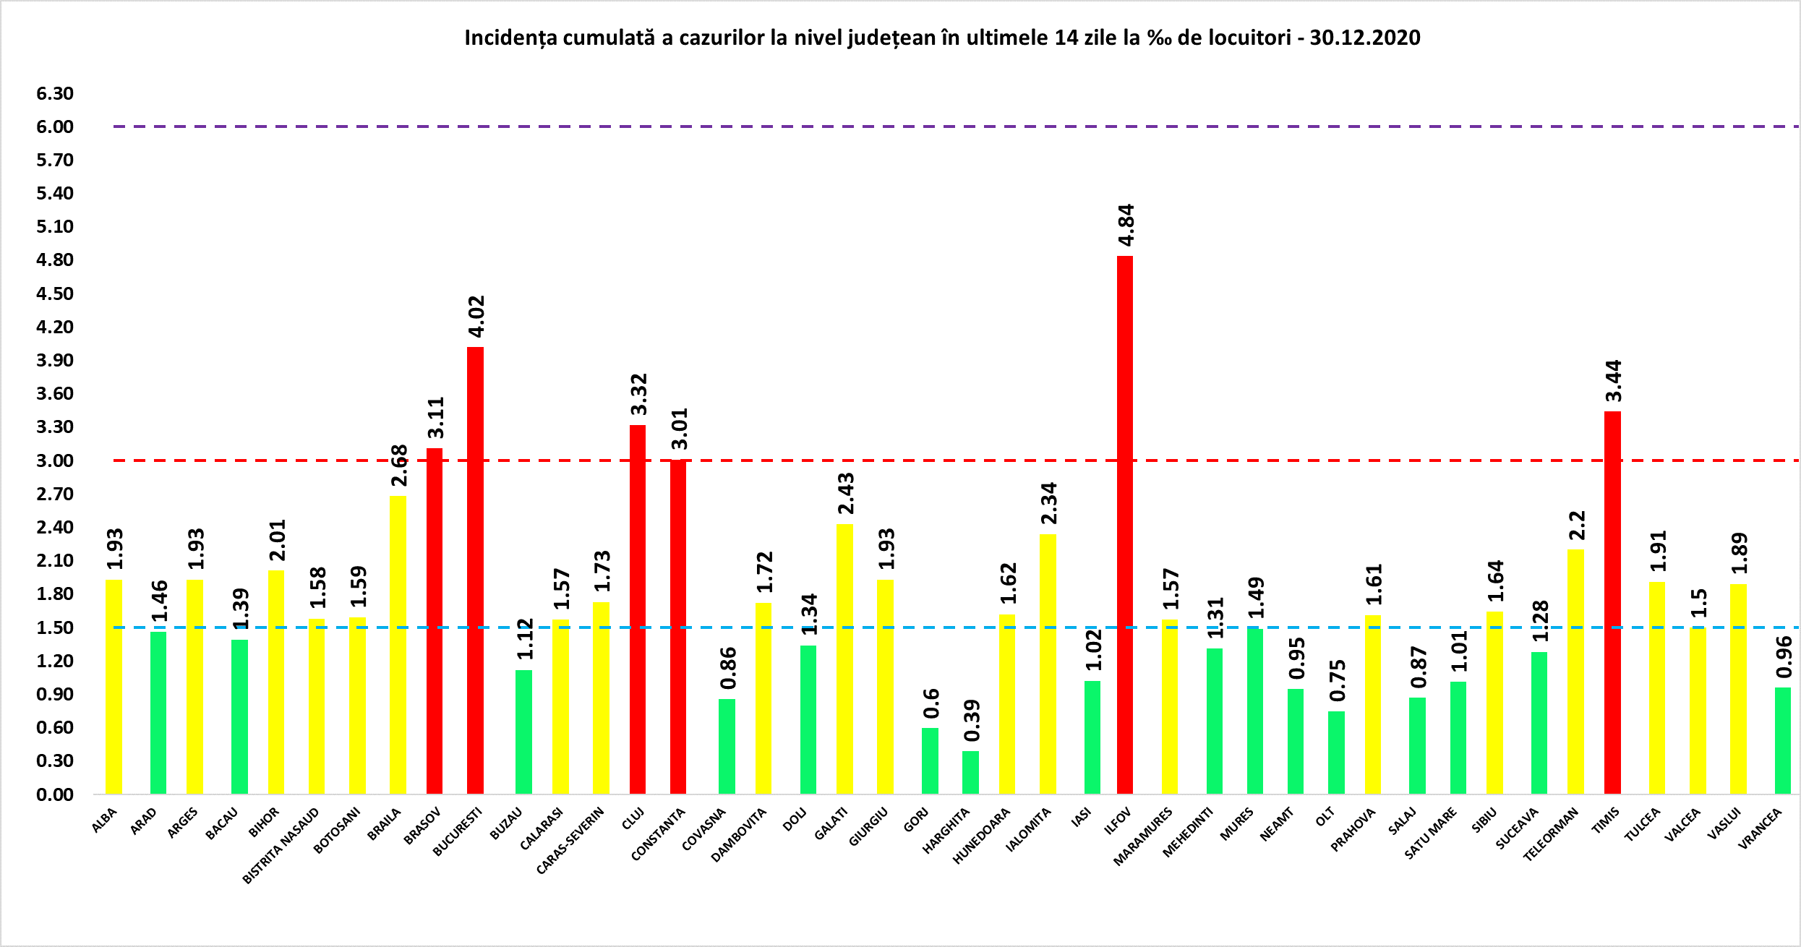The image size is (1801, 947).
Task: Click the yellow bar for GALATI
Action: pos(844,659)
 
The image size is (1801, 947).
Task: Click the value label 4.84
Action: pos(1126,226)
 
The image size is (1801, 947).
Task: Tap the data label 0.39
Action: pos(972,720)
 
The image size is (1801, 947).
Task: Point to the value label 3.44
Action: pos(1613,381)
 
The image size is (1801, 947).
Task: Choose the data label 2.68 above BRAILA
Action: pos(399,466)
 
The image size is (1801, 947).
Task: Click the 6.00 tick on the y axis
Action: pos(55,127)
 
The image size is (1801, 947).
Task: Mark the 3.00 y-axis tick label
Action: pos(55,460)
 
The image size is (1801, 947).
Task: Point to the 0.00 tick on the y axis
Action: pos(55,794)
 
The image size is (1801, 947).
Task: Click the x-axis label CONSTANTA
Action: pos(658,834)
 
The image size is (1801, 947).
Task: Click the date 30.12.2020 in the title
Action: pos(1365,38)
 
